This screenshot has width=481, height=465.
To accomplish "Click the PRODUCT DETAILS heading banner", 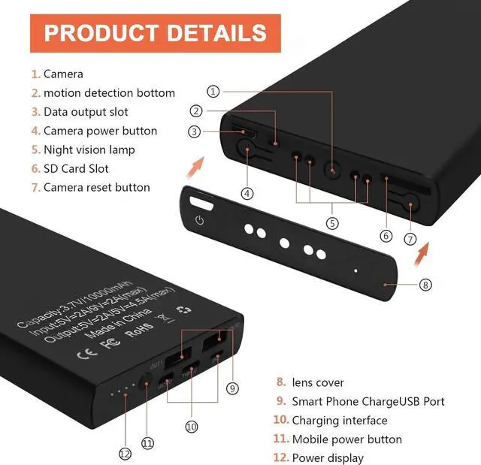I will click(155, 33).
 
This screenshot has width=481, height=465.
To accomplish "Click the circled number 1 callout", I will click(213, 92).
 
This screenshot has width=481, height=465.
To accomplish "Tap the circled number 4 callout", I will click(247, 193).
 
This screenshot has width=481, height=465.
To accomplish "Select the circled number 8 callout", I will click(425, 285).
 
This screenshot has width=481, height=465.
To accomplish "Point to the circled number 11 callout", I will click(148, 443).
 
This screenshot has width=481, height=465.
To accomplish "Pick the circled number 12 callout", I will click(125, 453).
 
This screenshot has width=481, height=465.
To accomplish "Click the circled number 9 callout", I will click(232, 388).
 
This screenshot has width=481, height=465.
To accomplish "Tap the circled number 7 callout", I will click(410, 240).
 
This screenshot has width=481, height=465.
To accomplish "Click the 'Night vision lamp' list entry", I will click(89, 149).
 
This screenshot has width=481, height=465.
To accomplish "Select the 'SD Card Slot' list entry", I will click(76, 168).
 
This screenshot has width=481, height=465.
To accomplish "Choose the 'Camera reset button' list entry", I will click(96, 187).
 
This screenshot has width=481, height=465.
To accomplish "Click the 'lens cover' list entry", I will click(318, 382).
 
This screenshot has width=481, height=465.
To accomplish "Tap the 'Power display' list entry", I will click(328, 457).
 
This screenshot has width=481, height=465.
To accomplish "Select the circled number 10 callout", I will click(192, 426).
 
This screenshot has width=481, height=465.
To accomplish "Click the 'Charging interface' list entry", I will click(340, 420).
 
